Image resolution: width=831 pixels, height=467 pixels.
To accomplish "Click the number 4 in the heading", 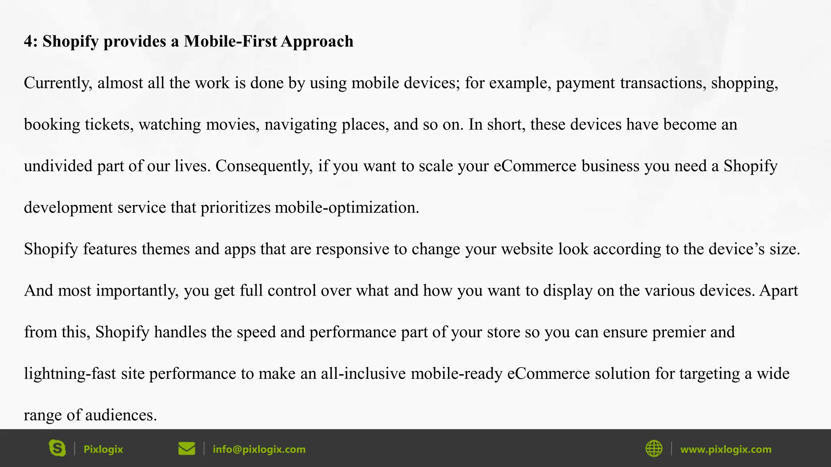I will (x=28, y=41).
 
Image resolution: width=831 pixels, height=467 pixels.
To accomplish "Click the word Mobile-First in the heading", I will (x=230, y=41).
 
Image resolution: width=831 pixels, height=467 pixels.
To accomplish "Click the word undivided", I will (x=58, y=166).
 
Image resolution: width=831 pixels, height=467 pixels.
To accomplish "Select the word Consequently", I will (x=264, y=166).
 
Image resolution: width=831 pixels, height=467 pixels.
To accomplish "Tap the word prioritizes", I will (x=235, y=208).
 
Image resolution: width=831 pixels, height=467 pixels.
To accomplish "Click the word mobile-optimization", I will (x=347, y=208).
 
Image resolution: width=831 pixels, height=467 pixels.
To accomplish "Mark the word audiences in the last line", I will (x=121, y=415).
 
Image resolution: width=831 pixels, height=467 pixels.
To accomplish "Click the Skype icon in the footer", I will (x=57, y=448).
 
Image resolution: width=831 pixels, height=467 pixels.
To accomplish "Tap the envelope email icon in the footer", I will (x=187, y=448).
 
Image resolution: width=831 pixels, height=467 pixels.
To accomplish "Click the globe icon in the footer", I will (x=654, y=448).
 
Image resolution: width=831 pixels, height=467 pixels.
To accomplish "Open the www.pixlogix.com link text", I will (x=726, y=449).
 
